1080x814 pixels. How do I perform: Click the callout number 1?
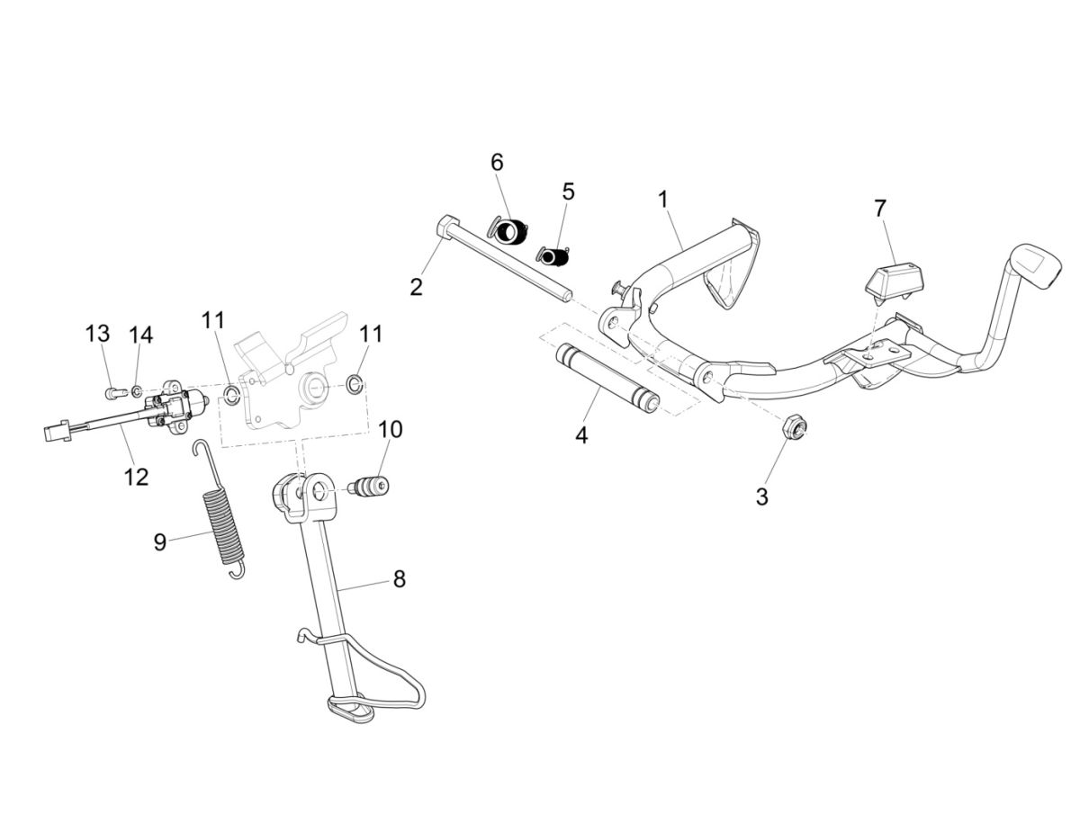pos(663,199)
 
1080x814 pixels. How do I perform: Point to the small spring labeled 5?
pos(554,256)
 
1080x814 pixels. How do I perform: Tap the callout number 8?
pos(399,578)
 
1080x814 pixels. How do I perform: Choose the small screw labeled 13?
pos(112,392)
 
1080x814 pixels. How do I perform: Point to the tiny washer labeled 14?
pos(136,391)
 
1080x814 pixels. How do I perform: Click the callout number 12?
pos(136,476)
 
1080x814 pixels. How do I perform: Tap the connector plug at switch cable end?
pos(56,433)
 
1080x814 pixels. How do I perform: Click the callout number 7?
pos(879,208)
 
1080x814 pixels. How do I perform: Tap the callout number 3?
pos(761,496)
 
